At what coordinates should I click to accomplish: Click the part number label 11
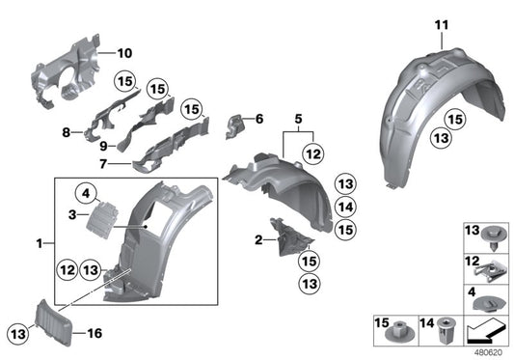point(442,23)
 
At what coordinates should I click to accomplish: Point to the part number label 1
point(38,246)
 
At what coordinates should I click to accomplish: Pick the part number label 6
point(258,120)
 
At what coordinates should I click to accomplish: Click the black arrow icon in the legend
point(485,334)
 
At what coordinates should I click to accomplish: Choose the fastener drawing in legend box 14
point(446,330)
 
